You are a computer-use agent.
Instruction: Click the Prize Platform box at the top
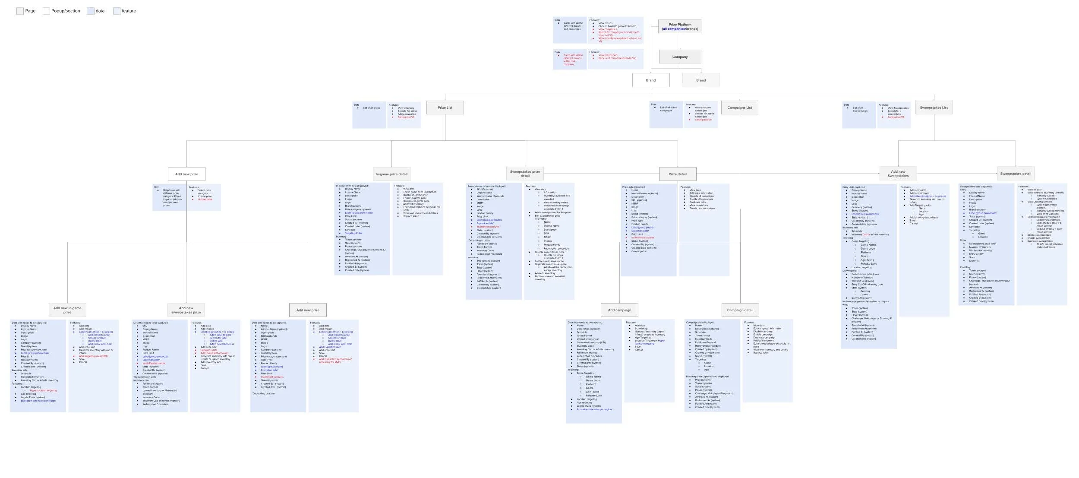680,26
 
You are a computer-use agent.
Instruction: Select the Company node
680,57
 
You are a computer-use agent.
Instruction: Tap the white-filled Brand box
650,80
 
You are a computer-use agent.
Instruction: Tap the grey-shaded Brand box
701,80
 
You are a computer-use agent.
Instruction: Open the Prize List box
445,108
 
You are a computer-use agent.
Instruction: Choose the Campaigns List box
739,108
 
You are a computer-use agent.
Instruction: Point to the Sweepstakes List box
934,108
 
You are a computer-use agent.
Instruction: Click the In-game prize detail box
391,174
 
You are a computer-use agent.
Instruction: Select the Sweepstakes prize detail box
525,174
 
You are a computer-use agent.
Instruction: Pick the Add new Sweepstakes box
898,174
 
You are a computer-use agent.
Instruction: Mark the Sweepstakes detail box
1016,174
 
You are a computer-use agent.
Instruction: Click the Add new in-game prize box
67,310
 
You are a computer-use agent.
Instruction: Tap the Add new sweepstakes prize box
186,310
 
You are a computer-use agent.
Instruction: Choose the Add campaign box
619,310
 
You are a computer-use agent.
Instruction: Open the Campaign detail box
740,310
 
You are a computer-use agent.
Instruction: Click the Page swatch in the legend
20,11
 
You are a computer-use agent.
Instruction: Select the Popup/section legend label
66,11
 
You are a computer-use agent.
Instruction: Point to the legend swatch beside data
90,11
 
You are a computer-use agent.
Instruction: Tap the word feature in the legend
129,11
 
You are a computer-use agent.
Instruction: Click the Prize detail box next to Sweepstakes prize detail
677,174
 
